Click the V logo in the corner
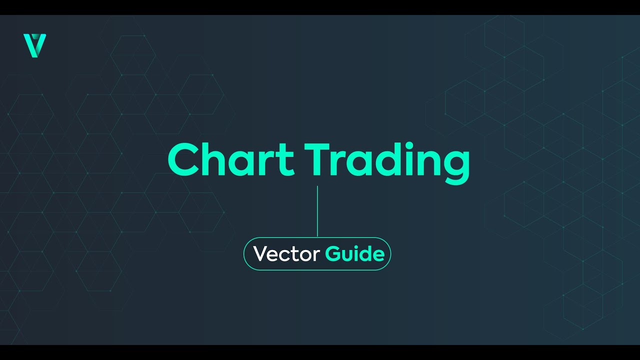tap(34, 45)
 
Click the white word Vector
tap(286, 254)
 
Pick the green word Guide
tap(354, 254)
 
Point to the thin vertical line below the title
tap(317, 211)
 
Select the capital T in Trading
tap(320, 160)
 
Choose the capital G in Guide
tap(333, 254)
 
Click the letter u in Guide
tap(349, 255)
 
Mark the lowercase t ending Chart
tap(285, 161)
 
